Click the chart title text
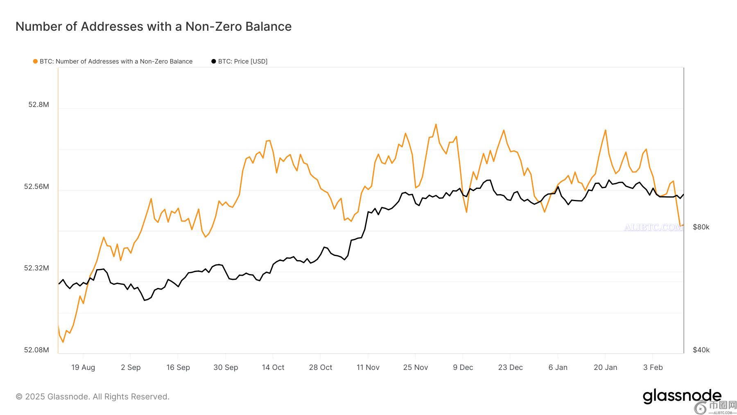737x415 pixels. pyautogui.click(x=154, y=27)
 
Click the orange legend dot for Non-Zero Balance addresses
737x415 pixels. pyautogui.click(x=35, y=61)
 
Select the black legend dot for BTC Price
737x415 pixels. pyautogui.click(x=213, y=61)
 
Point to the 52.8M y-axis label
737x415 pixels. pyautogui.click(x=38, y=104)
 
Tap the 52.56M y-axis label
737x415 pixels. pyautogui.click(x=36, y=186)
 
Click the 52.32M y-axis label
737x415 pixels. pyautogui.click(x=36, y=268)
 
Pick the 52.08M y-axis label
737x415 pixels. pyautogui.click(x=36, y=350)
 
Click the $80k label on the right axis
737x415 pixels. pyautogui.click(x=701, y=227)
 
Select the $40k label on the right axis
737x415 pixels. pyautogui.click(x=701, y=350)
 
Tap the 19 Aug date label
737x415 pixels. pyautogui.click(x=83, y=367)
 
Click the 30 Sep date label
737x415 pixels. pyautogui.click(x=226, y=367)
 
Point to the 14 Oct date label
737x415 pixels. pyautogui.click(x=273, y=367)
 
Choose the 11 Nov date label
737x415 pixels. pyautogui.click(x=368, y=367)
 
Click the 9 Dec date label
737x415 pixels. pyautogui.click(x=463, y=367)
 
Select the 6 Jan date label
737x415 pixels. pyautogui.click(x=558, y=367)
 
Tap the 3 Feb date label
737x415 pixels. pyautogui.click(x=653, y=367)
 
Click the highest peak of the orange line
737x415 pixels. pyautogui.click(x=436, y=124)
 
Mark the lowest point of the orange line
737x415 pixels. pyautogui.click(x=63, y=342)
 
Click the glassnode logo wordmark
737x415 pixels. pyautogui.click(x=682, y=396)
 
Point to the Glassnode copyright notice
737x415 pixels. pyautogui.click(x=93, y=397)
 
